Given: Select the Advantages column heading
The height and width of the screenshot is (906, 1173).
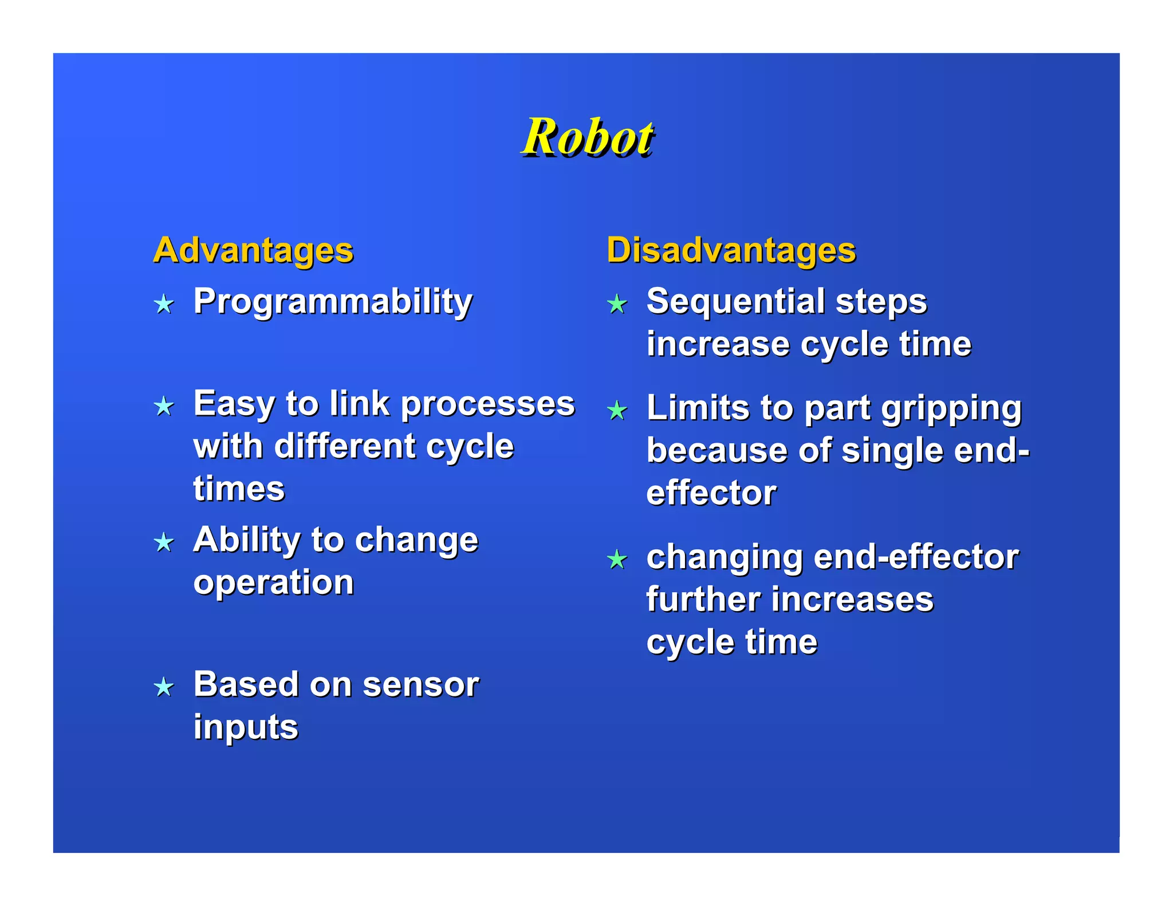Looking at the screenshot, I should click(x=253, y=250).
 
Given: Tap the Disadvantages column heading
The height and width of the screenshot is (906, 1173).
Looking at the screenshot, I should click(x=731, y=250).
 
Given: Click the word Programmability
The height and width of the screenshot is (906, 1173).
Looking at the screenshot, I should click(x=333, y=301).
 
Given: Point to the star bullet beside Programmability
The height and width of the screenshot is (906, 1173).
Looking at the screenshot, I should click(x=164, y=304).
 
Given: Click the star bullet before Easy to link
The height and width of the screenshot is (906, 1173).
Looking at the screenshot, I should click(x=164, y=406).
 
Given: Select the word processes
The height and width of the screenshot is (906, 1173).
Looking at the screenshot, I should click(x=487, y=404).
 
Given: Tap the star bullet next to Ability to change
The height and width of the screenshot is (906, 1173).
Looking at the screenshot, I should click(x=164, y=542).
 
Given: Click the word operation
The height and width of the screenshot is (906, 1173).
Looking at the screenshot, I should click(x=274, y=583).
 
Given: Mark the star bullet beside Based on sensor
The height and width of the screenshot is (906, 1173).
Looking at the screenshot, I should click(x=164, y=687).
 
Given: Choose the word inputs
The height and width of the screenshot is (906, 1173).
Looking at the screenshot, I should click(x=246, y=727).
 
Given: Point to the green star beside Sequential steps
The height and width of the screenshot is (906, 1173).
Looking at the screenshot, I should click(x=617, y=304).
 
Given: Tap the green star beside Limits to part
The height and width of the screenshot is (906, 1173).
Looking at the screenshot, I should click(x=617, y=411).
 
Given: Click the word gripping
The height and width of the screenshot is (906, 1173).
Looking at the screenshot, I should click(x=951, y=409).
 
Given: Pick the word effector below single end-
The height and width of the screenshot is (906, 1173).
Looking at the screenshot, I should click(x=711, y=493).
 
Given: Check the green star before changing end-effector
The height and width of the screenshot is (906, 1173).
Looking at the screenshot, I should click(x=617, y=559).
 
